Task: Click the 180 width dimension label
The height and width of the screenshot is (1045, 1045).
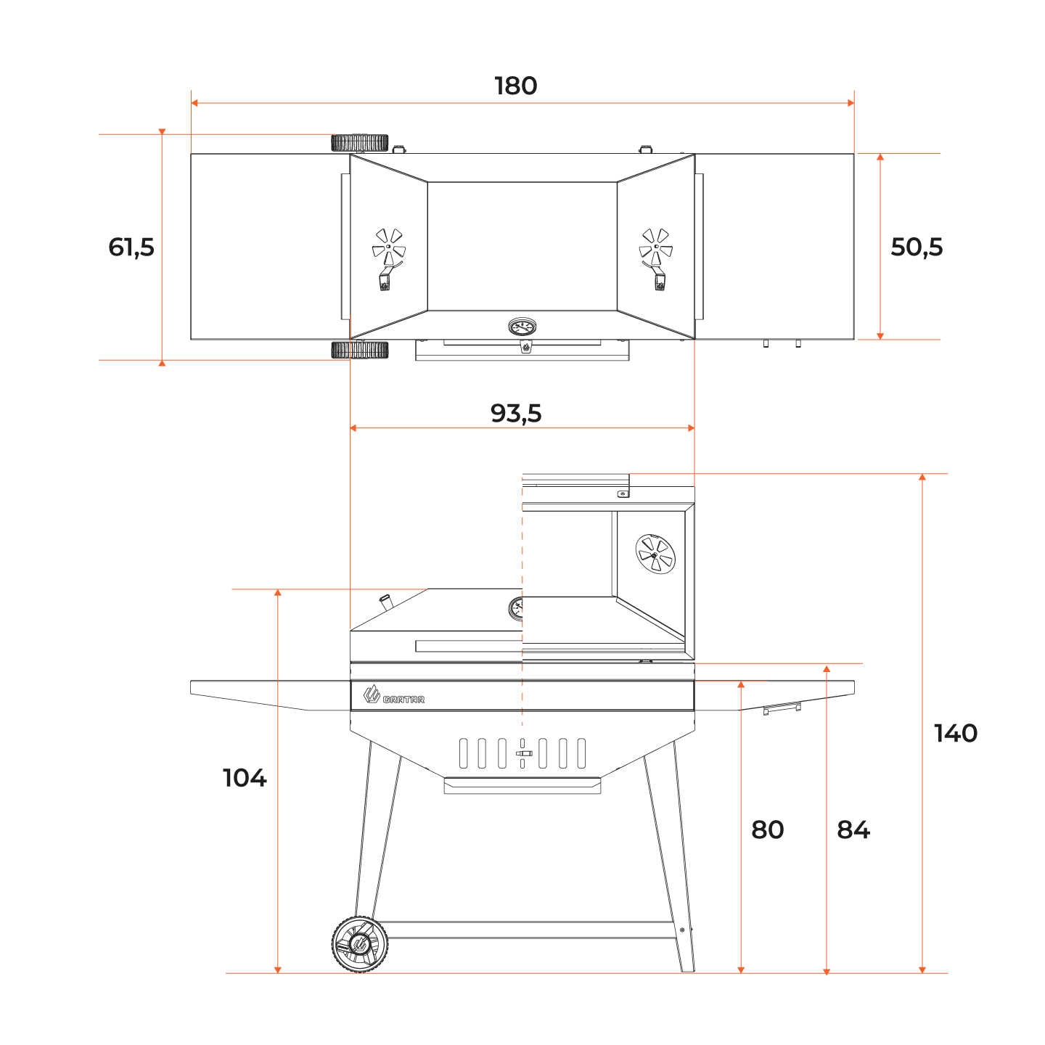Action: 516,86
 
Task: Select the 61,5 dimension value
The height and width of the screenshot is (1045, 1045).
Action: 131,247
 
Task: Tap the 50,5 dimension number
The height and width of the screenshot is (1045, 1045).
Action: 917,247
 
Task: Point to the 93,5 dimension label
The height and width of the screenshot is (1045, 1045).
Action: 516,413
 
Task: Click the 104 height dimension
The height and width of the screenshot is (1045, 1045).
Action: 245,778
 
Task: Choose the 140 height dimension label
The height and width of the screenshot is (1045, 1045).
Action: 956,733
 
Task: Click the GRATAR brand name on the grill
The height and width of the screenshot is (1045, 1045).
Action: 403,700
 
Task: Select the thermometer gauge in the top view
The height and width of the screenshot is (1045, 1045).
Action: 522,327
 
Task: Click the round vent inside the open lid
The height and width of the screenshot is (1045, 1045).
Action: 655,554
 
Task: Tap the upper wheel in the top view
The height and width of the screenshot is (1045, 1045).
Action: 359,143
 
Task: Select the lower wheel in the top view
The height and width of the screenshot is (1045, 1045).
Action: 359,351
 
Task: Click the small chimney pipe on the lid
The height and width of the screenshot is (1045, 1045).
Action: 385,602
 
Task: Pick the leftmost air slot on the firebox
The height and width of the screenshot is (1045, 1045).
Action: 463,753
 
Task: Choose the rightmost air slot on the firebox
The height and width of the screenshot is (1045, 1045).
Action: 581,753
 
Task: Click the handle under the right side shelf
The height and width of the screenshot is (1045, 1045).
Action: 782,708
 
